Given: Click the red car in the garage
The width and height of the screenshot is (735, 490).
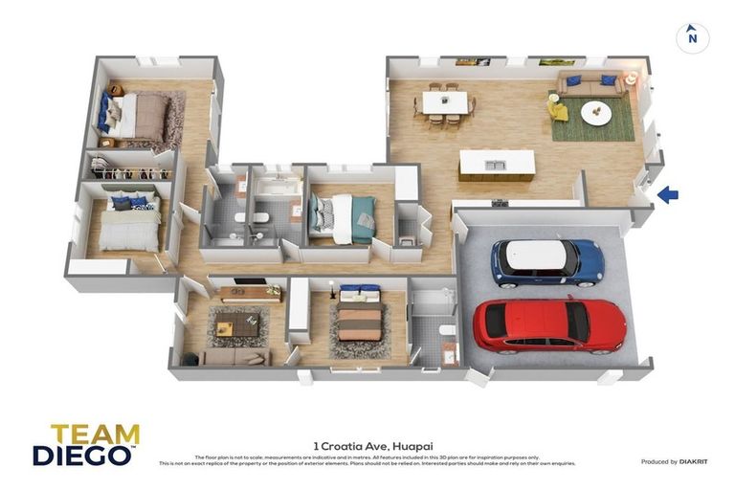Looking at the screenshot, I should [x=548, y=325].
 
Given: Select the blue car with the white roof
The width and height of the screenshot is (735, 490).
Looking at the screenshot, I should [x=547, y=261].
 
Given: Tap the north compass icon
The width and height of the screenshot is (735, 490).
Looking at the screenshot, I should [x=692, y=38].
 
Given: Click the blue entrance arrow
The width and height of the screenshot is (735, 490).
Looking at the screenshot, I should [x=667, y=195].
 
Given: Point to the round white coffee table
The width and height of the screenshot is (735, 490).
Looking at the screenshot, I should [x=596, y=113].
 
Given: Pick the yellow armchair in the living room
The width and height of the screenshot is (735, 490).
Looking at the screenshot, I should [x=558, y=109].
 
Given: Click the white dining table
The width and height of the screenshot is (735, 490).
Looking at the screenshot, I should [x=445, y=101].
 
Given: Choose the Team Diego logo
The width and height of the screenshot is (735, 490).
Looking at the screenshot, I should [x=86, y=444].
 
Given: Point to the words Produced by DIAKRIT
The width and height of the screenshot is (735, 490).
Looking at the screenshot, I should [x=675, y=461].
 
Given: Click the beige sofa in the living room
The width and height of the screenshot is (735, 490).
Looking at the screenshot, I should [x=590, y=86].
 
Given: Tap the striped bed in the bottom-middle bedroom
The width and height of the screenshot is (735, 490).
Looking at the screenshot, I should [x=360, y=321].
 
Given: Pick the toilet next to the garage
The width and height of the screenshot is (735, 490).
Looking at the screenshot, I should [x=446, y=330].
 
